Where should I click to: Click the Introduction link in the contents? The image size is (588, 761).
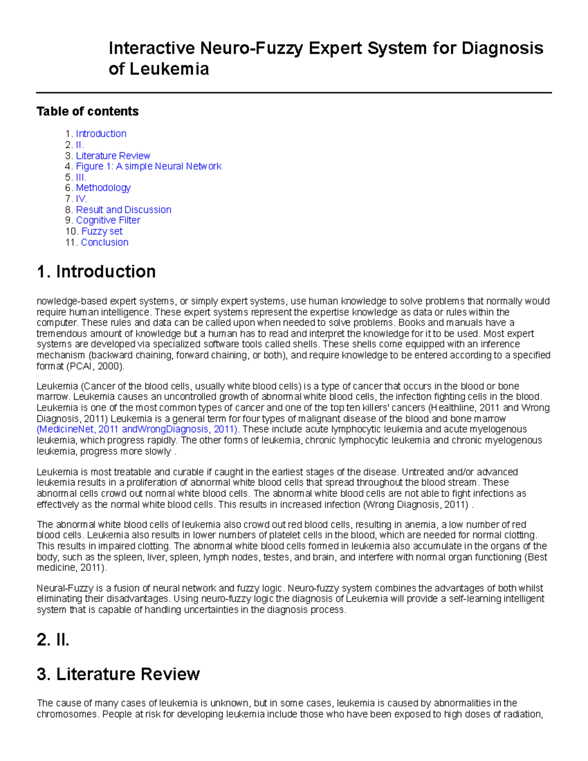point(101,134)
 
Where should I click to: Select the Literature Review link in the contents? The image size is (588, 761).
point(113,156)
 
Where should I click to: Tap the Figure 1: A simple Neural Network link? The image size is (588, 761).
point(148,167)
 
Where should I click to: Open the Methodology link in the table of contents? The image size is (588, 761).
point(103,188)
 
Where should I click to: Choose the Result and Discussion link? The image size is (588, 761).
point(123,210)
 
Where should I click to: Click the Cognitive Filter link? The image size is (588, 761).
point(108,221)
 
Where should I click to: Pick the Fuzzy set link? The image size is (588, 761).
point(102,231)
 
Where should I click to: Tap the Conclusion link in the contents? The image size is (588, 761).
point(104,243)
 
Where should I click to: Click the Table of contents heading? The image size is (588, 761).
point(88,112)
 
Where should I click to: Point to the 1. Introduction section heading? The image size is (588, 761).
point(96,271)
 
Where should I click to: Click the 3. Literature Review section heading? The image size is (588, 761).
point(118,674)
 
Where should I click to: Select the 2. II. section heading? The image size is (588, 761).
point(53,640)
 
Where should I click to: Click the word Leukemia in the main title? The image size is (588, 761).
point(169,69)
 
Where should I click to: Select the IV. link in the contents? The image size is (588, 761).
point(81,199)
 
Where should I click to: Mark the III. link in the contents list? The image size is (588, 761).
point(81,177)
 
